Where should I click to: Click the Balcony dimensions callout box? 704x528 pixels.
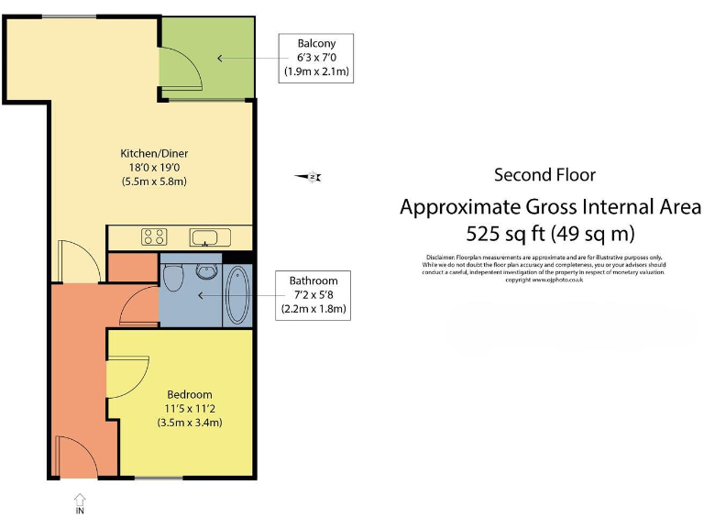pyautogui.click(x=316, y=57)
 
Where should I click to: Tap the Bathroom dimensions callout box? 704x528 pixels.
pyautogui.click(x=313, y=295)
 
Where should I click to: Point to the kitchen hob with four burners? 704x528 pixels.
pyautogui.click(x=154, y=237)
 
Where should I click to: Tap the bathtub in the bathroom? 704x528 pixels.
pyautogui.click(x=236, y=294)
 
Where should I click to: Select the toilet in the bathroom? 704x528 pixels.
pyautogui.click(x=175, y=276)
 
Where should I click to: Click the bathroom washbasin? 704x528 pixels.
pyautogui.click(x=206, y=270)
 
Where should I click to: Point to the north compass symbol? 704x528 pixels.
pyautogui.click(x=308, y=177)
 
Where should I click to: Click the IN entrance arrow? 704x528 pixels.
pyautogui.click(x=79, y=503)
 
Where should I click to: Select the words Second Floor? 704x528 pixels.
pyautogui.click(x=544, y=175)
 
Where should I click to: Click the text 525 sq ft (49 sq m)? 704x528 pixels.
pyautogui.click(x=550, y=232)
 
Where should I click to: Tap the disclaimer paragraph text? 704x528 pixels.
pyautogui.click(x=544, y=269)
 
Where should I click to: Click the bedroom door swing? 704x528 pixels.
pyautogui.click(x=126, y=376)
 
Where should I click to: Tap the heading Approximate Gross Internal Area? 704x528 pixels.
pyautogui.click(x=550, y=206)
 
